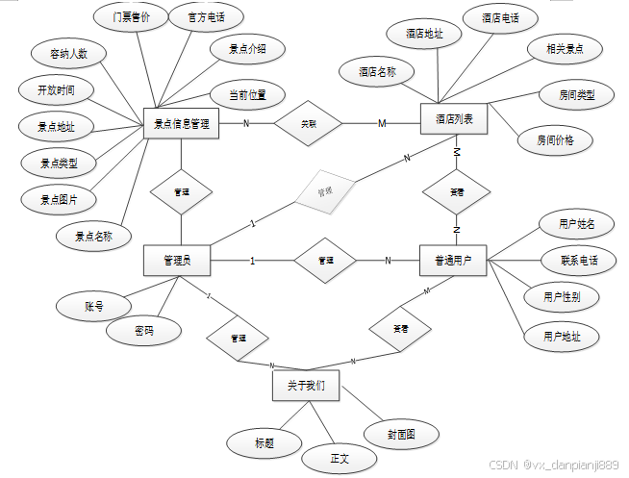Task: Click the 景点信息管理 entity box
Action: pos(182,123)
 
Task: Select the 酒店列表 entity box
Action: pos(455,120)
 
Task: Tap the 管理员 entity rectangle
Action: pos(177,260)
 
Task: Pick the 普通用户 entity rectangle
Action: pos(454,260)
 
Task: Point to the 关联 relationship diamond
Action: pos(309,123)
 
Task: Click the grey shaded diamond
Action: pos(324,190)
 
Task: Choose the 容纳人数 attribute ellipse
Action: pos(62,54)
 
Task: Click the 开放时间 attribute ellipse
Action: pos(58,90)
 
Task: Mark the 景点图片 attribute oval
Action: pos(59,199)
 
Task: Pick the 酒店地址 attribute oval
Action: pos(424,34)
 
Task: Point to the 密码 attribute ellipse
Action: pos(143,332)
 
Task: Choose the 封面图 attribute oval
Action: pos(401,435)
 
